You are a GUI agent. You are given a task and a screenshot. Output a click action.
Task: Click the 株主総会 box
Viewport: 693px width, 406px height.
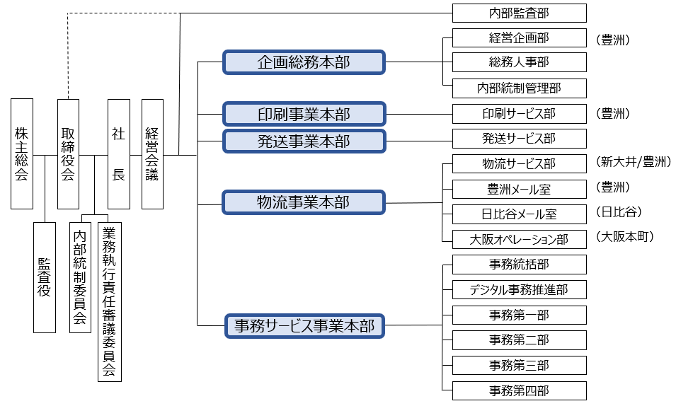click(x=22, y=153)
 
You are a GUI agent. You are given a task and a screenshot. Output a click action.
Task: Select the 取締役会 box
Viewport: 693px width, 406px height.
click(x=68, y=153)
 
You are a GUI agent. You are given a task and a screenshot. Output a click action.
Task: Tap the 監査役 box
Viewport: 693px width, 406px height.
click(x=44, y=277)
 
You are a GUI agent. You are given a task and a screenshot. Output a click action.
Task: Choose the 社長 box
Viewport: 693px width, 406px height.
click(x=119, y=153)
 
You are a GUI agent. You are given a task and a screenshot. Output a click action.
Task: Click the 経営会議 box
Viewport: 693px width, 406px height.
click(x=152, y=153)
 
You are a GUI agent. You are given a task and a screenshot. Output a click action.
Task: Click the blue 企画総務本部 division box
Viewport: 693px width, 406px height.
click(x=304, y=62)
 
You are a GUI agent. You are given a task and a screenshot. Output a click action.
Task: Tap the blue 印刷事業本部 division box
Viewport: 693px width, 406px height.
click(x=304, y=114)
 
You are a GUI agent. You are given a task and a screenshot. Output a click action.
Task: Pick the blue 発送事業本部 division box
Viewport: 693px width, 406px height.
click(x=304, y=140)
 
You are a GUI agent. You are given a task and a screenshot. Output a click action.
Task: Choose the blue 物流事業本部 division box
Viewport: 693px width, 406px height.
click(x=304, y=202)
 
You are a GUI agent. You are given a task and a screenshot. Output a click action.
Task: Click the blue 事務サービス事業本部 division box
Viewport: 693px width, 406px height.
click(x=304, y=326)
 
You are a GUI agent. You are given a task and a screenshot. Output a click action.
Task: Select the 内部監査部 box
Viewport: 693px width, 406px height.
click(x=519, y=13)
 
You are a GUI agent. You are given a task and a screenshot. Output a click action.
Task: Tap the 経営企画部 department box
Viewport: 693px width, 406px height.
click(x=519, y=37)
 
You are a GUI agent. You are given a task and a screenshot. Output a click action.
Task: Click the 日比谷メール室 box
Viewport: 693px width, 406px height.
click(x=519, y=214)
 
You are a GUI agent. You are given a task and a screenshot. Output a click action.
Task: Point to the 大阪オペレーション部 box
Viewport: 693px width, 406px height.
click(x=519, y=239)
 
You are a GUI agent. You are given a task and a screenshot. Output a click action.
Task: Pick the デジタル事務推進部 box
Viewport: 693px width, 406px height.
click(x=519, y=289)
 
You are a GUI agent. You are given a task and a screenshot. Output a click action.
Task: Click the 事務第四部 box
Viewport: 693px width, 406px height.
click(x=519, y=390)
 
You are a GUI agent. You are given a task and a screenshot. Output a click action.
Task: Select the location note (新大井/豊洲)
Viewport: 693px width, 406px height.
click(x=633, y=163)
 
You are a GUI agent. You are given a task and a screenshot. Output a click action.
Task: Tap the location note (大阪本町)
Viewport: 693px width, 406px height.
click(x=624, y=236)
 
